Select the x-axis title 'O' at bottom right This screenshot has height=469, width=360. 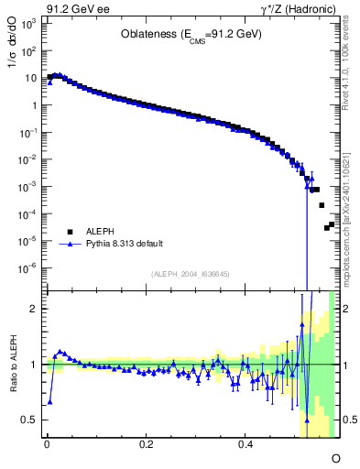tap(335, 457)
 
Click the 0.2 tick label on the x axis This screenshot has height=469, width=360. tap(146, 444)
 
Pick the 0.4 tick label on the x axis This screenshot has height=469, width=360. tap(245, 444)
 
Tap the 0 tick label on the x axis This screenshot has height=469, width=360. tap(47, 444)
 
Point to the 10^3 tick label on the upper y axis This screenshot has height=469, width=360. tap(29, 24)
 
